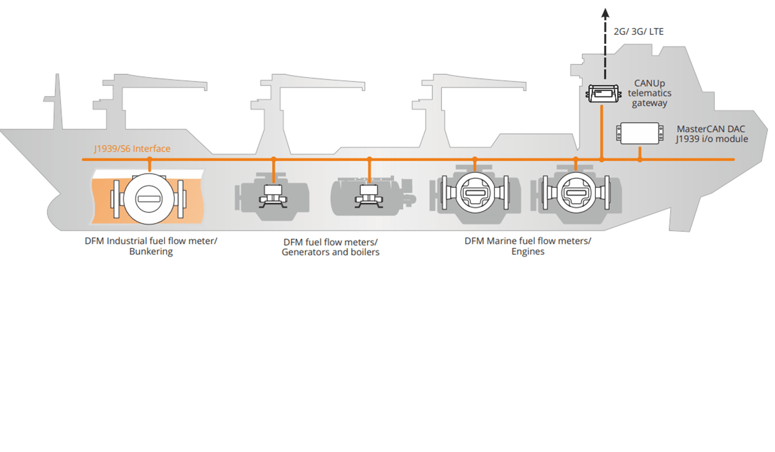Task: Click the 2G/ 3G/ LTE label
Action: pos(639,32)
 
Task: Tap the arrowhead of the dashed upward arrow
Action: pos(605,14)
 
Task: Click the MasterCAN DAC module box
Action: pos(640,134)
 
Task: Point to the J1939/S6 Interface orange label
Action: pos(132,149)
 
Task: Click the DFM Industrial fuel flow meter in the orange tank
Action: pos(149,199)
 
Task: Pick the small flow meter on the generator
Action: pos(273,197)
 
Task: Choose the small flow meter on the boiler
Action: pos(369,197)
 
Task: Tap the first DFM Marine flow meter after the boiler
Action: pos(475,192)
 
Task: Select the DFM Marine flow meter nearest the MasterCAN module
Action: pos(576,192)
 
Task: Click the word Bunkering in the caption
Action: pos(151,251)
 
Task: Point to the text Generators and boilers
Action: pos(330,252)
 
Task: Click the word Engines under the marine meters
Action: pos(528,251)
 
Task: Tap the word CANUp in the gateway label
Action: pos(649,84)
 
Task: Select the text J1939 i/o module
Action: pos(712,139)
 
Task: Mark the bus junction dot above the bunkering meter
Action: pos(149,159)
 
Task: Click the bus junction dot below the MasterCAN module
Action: pos(640,159)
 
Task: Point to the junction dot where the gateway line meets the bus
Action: pos(601,159)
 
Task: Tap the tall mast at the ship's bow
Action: pos(57,102)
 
